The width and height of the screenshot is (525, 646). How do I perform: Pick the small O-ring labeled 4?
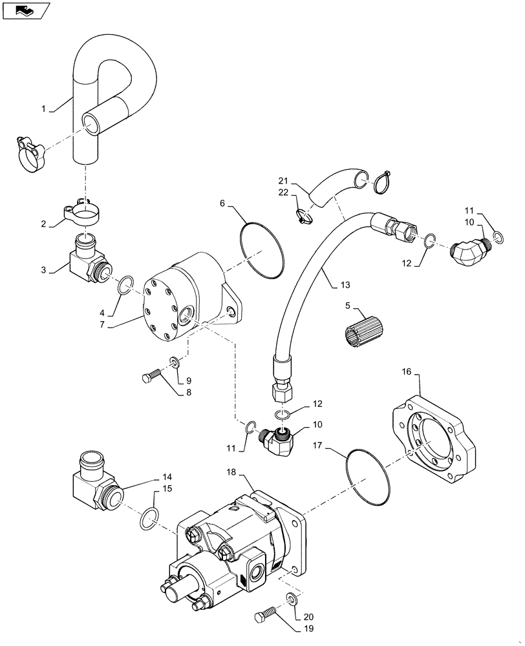pyautogui.click(x=126, y=284)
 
